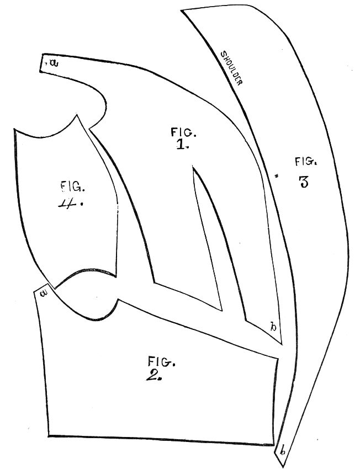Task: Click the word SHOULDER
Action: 231,68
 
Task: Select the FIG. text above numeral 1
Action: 184,132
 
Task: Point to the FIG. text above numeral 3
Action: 306,162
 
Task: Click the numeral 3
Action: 304,182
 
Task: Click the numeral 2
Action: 153,375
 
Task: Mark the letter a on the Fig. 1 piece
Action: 54,63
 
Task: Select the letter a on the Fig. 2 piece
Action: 45,293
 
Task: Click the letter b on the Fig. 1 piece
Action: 273,327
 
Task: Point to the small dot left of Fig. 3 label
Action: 277,176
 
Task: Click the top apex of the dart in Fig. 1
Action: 194,168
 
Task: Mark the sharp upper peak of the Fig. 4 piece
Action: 77,115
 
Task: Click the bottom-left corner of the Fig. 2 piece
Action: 49,436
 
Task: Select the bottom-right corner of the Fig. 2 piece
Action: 273,445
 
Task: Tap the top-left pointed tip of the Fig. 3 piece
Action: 181,11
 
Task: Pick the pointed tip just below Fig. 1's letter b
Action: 282,344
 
